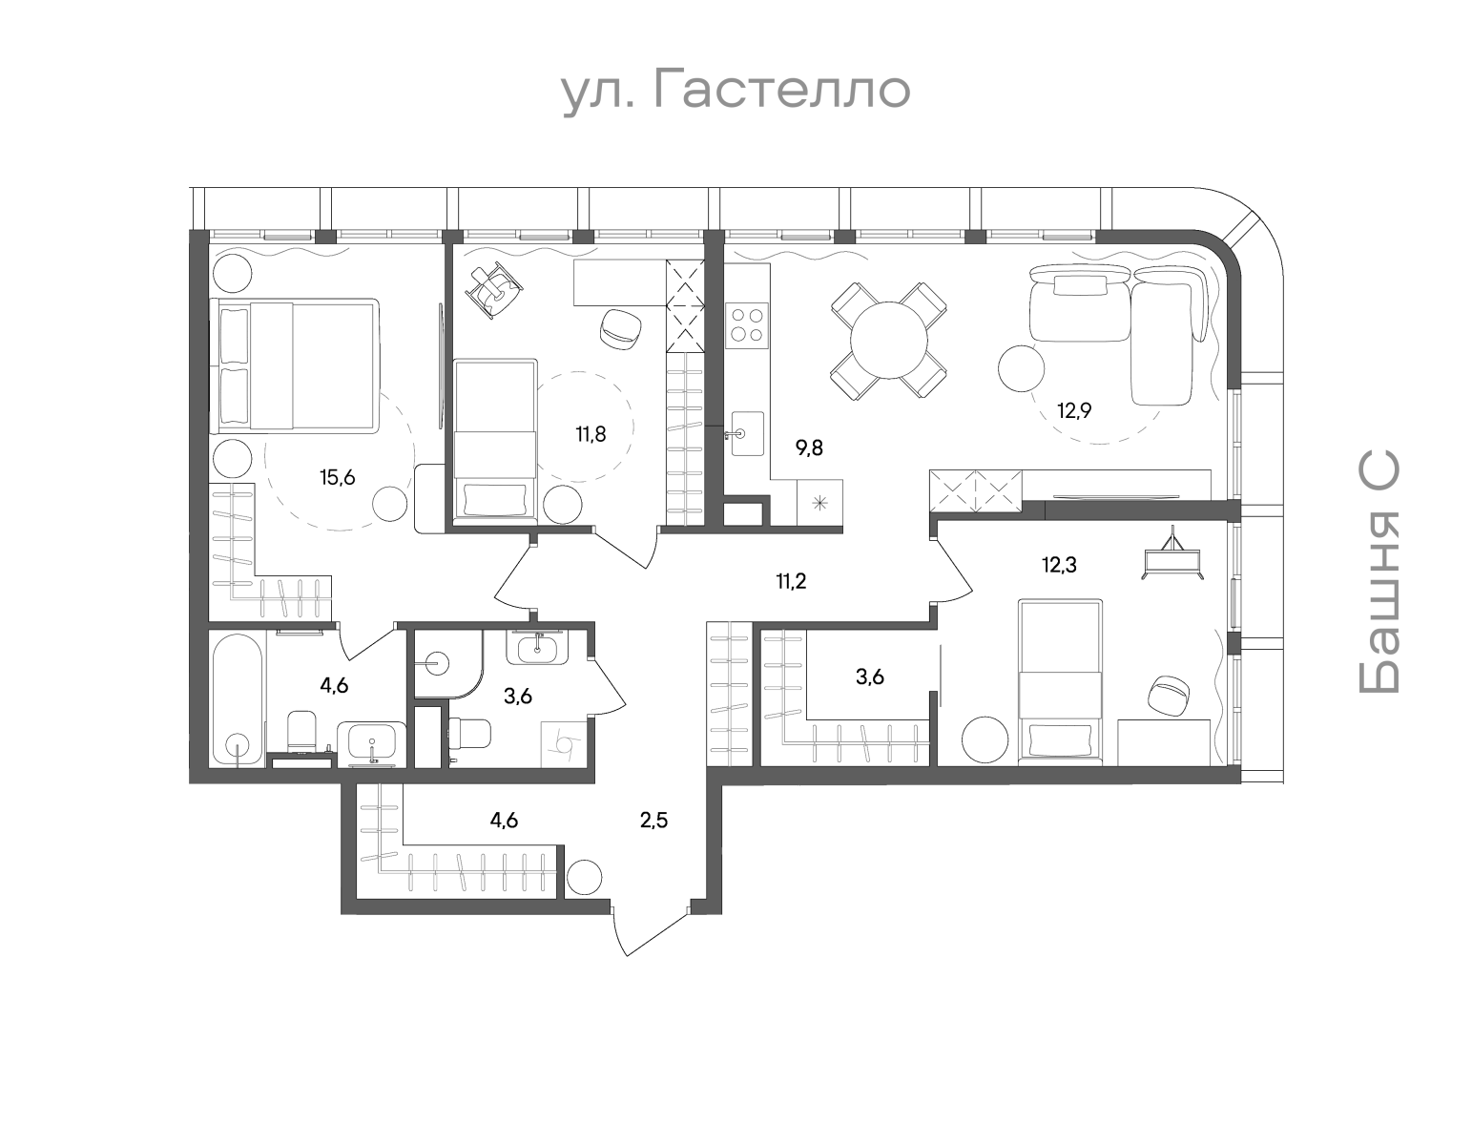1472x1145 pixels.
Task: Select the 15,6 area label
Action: coord(337,478)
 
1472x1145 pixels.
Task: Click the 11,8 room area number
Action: coord(591,434)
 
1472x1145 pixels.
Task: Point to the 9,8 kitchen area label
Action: coord(809,448)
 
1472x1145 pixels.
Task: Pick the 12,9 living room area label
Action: coord(1073,411)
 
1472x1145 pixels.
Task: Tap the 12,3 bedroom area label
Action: coord(1059,565)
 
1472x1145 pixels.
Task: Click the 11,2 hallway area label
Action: coord(791,581)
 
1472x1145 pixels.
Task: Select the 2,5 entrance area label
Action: coord(653,820)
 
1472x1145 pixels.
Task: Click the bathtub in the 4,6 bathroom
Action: coord(236,697)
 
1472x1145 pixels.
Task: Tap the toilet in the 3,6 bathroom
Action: coord(469,734)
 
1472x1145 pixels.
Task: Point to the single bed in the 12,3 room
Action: coord(1060,680)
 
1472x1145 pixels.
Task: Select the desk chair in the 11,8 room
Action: coord(620,326)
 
